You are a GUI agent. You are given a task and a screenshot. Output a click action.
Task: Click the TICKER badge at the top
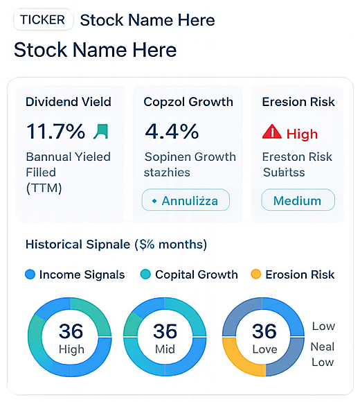(43, 19)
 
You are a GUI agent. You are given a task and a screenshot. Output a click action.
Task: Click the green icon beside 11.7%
(101, 130)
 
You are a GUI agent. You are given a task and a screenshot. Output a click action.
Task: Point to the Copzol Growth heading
(188, 102)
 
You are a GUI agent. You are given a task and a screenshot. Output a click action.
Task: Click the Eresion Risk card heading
(298, 102)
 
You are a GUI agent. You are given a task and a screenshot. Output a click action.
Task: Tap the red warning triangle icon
(272, 132)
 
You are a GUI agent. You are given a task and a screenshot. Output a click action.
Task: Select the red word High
(302, 134)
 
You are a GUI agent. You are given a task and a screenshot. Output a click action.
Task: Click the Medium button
(298, 201)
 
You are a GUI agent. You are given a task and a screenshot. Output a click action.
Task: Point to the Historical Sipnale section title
(116, 244)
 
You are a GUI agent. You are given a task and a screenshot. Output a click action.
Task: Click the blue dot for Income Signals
(30, 274)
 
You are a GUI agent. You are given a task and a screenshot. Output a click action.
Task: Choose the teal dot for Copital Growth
(145, 274)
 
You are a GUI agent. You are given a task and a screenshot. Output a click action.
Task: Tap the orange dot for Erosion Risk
(255, 274)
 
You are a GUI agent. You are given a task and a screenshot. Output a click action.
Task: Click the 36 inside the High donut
(70, 331)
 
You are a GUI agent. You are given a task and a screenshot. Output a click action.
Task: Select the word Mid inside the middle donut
(165, 349)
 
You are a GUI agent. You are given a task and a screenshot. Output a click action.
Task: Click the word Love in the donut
(264, 349)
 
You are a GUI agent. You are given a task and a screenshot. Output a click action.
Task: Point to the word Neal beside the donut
(323, 347)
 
